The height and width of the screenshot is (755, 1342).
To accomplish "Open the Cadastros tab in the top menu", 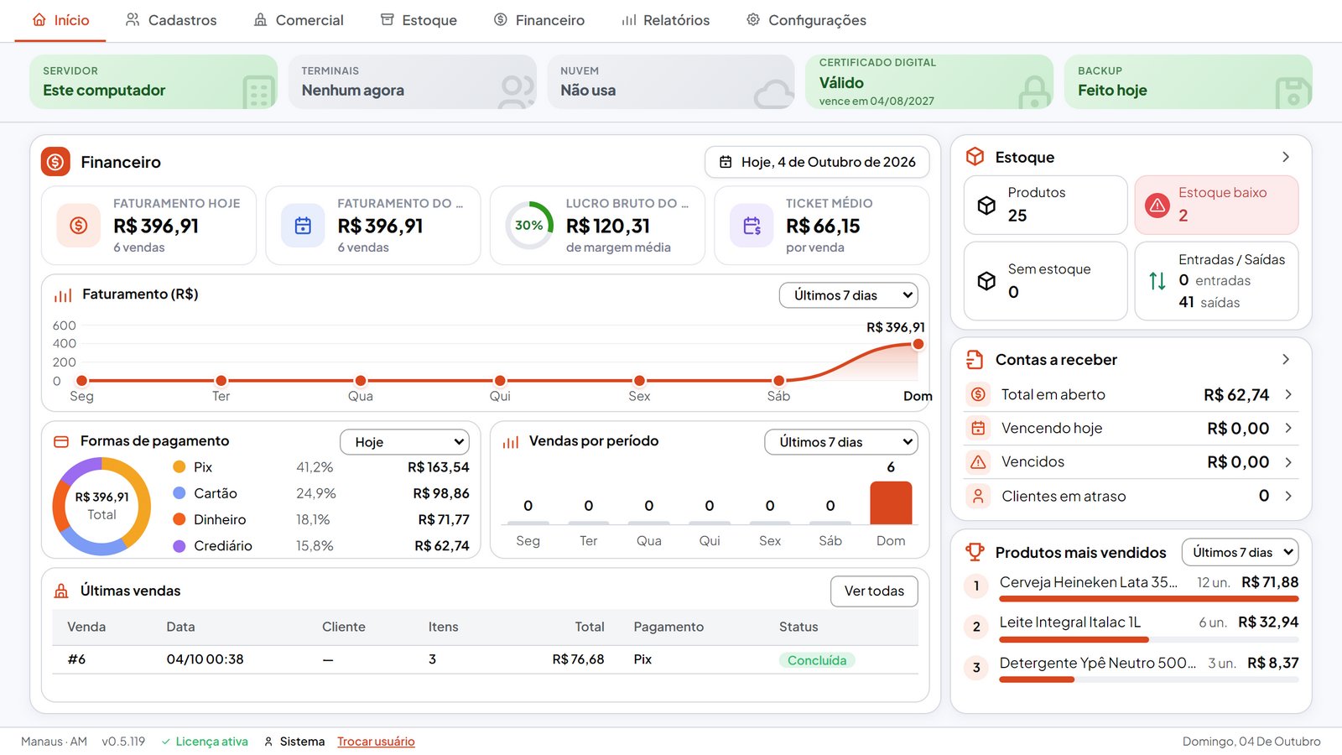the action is tap(171, 20).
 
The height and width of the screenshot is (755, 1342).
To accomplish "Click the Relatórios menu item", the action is tap(665, 20).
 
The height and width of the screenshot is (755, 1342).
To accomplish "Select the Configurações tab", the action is tap(806, 20).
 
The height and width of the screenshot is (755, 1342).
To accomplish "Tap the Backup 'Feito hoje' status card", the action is tap(1188, 82).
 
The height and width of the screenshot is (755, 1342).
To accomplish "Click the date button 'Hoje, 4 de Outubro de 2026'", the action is tap(817, 162).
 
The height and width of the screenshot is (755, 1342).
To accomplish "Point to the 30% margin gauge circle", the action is tap(529, 226).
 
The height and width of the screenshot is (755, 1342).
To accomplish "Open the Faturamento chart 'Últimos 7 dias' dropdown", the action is tap(848, 295).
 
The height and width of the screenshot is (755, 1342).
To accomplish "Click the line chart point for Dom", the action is tap(918, 344).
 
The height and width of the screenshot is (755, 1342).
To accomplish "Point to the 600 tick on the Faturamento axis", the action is tap(64, 325).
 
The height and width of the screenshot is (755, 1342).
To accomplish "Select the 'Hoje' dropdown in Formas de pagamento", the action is tap(404, 442).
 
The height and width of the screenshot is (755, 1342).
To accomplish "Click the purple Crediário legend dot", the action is tap(179, 546).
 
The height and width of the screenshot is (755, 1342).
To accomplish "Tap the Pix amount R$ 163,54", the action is tap(439, 467).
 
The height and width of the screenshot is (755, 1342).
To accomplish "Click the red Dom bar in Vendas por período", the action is tap(891, 502).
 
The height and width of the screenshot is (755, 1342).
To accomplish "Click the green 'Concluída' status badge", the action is tap(817, 660).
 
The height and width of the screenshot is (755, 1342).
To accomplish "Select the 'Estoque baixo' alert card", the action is tap(1216, 205).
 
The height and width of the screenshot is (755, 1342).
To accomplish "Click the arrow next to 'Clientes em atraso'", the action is tap(1288, 496).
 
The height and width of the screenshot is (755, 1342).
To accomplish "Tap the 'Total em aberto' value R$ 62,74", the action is tap(1236, 395).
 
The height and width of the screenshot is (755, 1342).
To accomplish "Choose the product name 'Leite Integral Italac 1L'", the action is tap(1070, 622).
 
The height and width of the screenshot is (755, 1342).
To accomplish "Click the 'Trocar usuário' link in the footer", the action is tap(376, 742).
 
